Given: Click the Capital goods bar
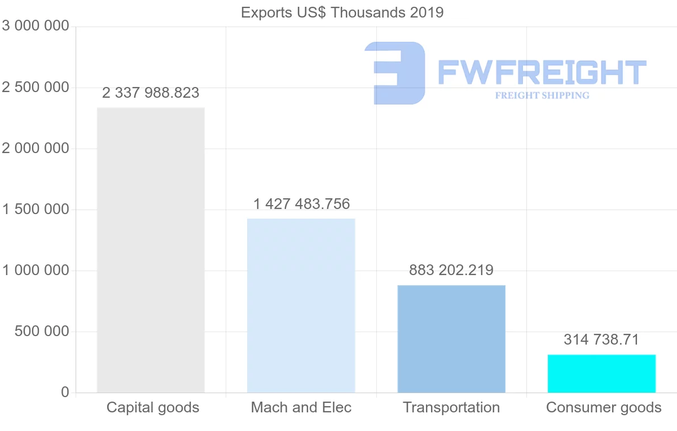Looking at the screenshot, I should (x=151, y=250).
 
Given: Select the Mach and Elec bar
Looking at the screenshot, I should (x=301, y=305).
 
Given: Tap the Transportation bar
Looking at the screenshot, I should (x=451, y=338).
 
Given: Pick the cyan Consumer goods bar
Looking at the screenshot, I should (x=601, y=373).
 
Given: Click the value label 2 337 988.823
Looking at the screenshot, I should (x=151, y=93).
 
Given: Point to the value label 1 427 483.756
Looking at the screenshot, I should (x=301, y=204).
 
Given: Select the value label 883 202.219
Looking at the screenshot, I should (x=451, y=270).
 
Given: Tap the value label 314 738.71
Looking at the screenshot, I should (x=601, y=339).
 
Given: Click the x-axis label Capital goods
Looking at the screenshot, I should (x=153, y=407).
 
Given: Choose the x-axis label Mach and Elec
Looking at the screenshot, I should (x=301, y=407).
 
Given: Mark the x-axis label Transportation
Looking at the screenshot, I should (x=451, y=407).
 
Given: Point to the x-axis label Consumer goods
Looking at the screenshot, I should (x=604, y=407).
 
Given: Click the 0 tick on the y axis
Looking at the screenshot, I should (x=64, y=393).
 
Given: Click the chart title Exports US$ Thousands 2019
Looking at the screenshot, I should (x=342, y=12).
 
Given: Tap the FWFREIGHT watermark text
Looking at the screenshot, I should (x=542, y=72).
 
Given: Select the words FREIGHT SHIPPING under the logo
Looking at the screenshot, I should (x=542, y=95).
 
